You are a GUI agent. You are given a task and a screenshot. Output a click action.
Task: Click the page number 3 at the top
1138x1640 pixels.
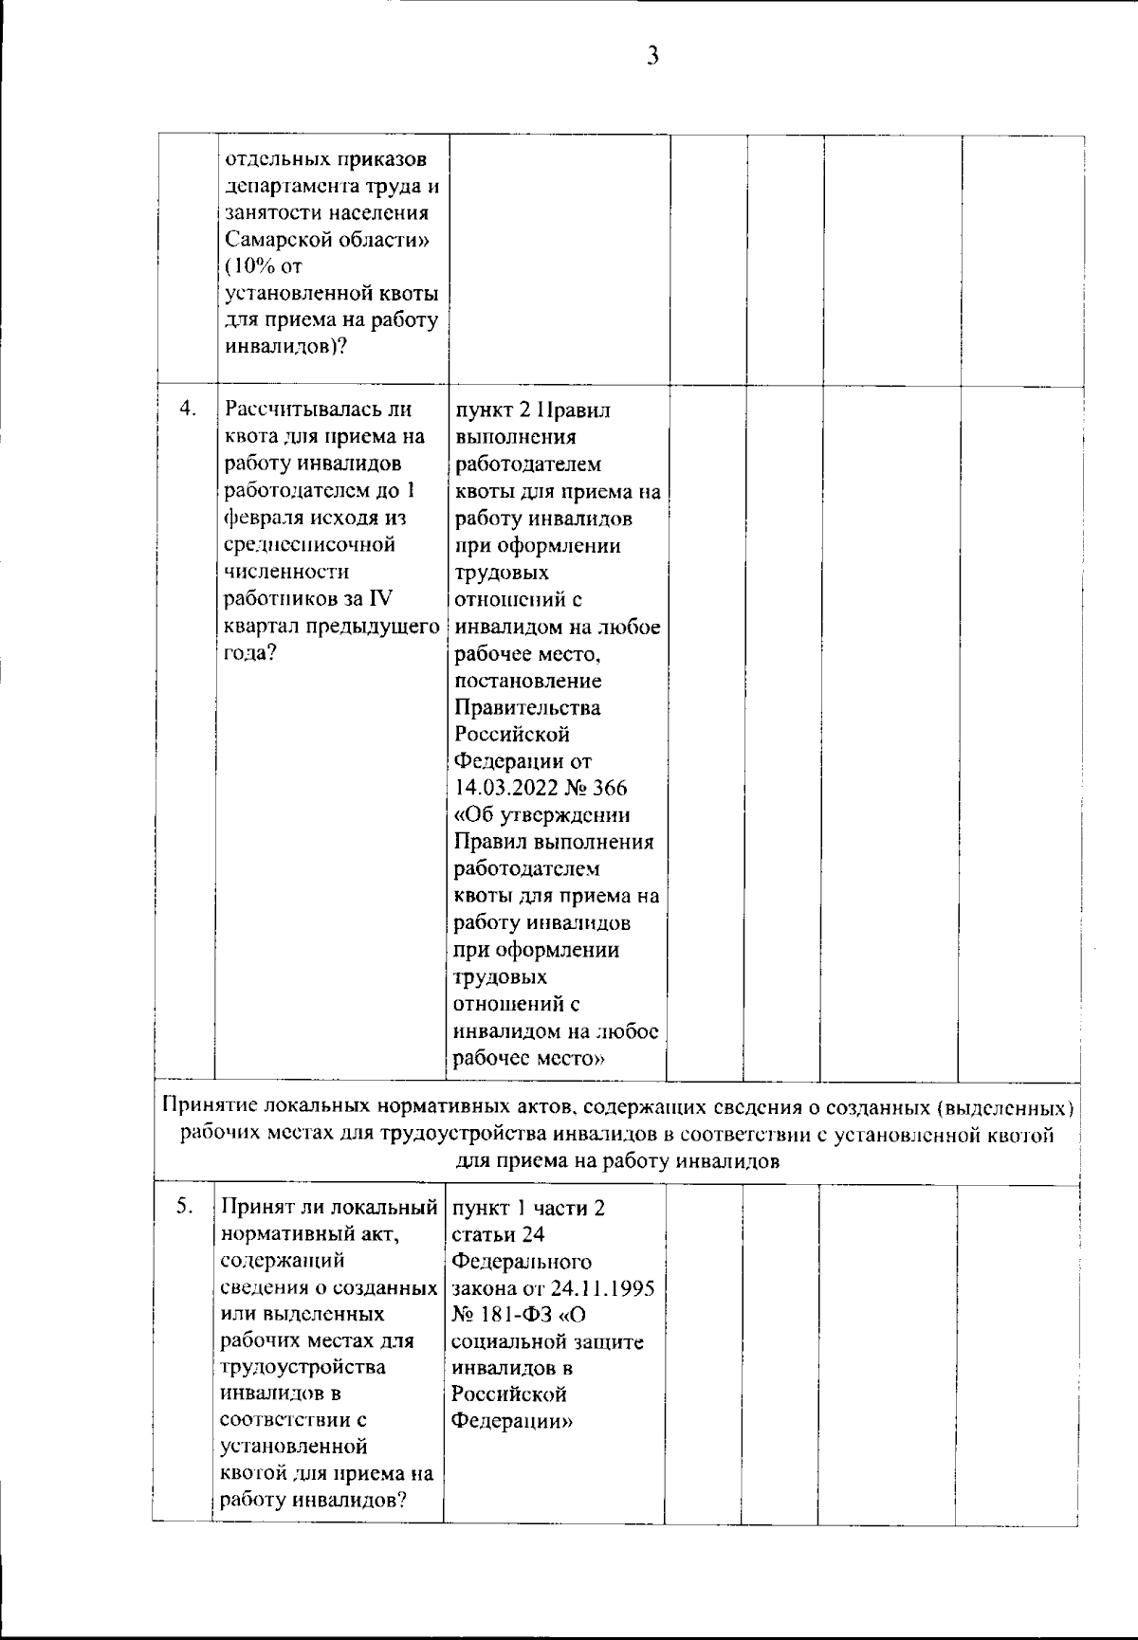652,57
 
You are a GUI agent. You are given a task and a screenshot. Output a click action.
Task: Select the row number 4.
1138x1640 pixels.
187,410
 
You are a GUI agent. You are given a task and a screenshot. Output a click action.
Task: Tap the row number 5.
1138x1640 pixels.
186,1206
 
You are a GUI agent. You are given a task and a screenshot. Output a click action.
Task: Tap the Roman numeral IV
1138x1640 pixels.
381,599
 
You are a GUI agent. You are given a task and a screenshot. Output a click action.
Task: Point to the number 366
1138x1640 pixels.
606,789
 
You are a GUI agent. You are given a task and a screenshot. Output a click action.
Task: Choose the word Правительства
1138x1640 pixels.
527,708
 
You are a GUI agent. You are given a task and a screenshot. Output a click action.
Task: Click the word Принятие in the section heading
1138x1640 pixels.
207,1106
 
